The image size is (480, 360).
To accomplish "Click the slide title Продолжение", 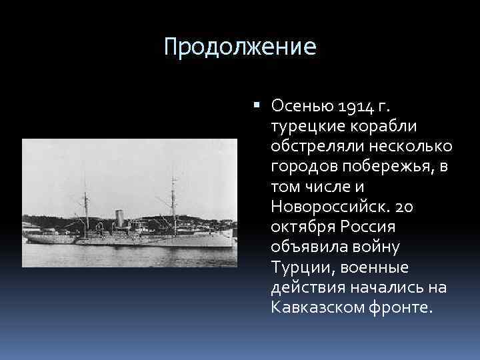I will click(239, 47).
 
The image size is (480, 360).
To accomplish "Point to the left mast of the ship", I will click(85, 200).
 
